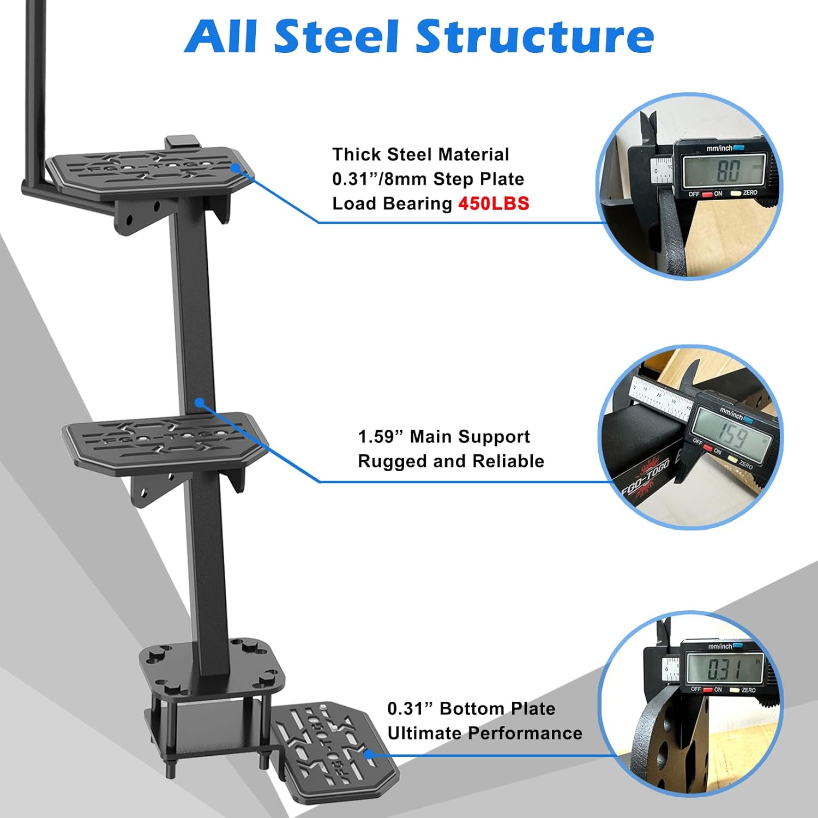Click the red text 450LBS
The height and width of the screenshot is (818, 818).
(494, 203)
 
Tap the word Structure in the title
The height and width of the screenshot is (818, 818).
(535, 37)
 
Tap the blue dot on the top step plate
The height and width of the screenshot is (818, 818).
(236, 167)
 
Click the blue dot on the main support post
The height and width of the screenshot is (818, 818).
(200, 402)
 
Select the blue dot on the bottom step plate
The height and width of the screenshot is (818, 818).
(369, 755)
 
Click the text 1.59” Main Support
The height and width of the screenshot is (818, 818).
(444, 437)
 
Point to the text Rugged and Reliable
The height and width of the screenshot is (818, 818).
(451, 461)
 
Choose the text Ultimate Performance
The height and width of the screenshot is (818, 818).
(485, 733)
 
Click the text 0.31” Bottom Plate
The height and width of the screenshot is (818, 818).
(471, 709)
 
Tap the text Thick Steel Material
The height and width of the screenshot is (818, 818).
(420, 154)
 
